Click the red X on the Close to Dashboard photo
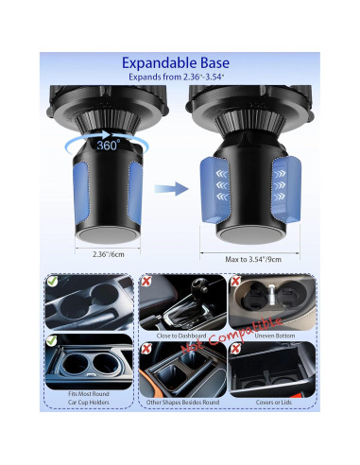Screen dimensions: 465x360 (x=147, y=282)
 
